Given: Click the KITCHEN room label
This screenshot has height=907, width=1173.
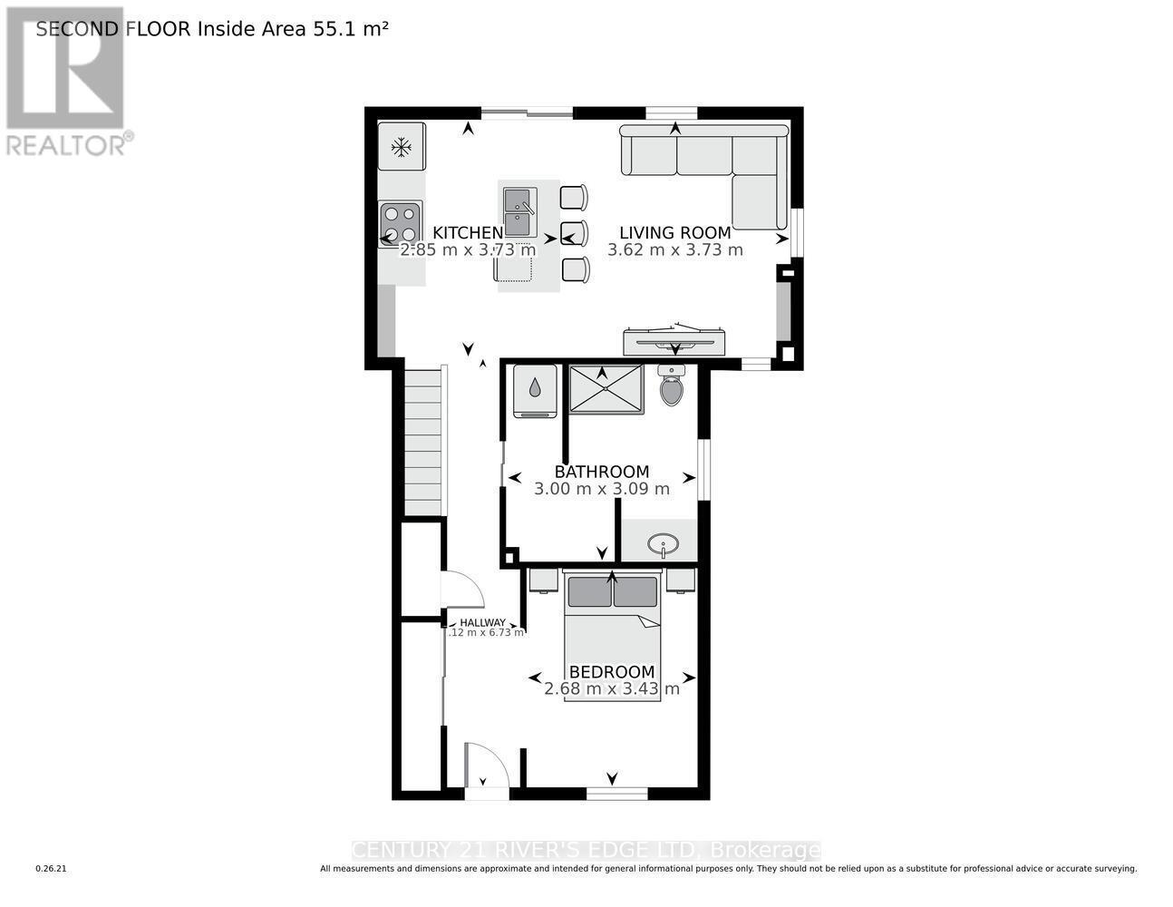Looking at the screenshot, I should click(467, 233).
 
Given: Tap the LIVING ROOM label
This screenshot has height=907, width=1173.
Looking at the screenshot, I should click(674, 233).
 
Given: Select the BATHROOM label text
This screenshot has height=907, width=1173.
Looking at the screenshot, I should click(601, 472).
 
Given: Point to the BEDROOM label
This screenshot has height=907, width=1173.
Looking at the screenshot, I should click(611, 672).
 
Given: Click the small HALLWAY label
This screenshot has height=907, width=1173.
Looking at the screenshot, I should click(482, 622).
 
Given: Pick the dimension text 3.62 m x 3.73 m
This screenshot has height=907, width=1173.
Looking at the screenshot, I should click(674, 250).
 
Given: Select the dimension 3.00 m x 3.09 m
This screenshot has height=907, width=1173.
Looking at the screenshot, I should click(601, 489).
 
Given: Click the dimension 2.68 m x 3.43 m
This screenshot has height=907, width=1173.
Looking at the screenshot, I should click(611, 688).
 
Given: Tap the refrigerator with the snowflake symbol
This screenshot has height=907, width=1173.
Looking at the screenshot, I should click(402, 147).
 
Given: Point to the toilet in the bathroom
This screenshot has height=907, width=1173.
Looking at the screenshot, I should click(671, 386).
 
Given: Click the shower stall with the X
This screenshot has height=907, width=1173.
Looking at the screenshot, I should click(606, 389).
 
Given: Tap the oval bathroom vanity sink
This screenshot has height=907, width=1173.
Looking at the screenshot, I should click(664, 544).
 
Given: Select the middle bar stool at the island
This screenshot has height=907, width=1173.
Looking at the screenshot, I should click(574, 233).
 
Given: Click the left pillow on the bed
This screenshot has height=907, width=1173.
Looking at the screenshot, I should click(589, 592).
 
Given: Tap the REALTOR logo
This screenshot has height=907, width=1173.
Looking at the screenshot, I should click(66, 82).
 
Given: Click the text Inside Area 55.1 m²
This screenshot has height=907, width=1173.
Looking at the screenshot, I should click(292, 29).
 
